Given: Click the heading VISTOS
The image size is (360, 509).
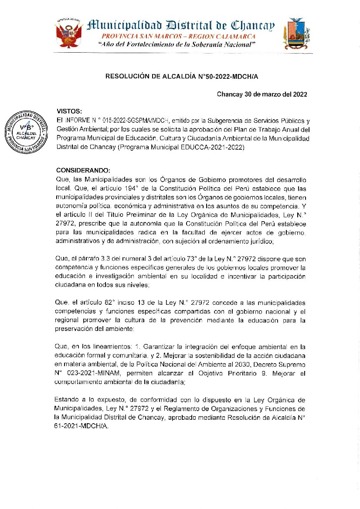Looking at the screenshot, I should click(x=70, y=111).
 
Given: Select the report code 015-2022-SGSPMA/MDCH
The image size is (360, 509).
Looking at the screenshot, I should click(x=132, y=120).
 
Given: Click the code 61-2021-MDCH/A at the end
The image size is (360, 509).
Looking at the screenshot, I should click(x=82, y=427).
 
